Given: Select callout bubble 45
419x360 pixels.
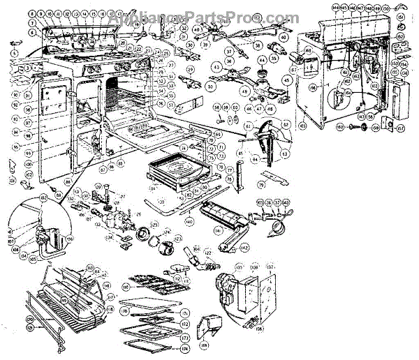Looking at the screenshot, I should [x=286, y=80].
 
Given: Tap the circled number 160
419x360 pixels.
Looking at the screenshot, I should [x=340, y=127].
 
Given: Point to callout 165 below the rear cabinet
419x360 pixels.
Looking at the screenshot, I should [x=302, y=126].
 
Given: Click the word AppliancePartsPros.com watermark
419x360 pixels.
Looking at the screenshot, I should [x=209, y=17].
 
